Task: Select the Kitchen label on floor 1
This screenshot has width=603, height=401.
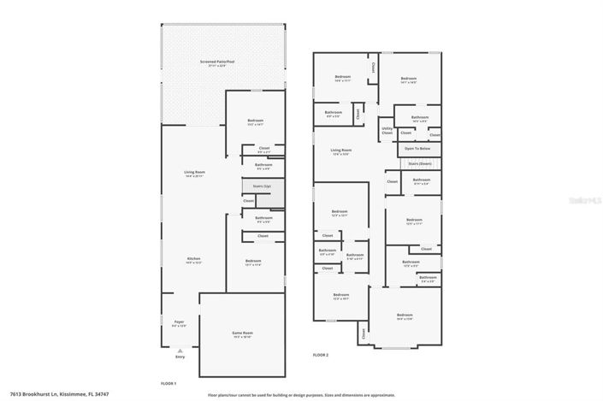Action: click(x=194, y=259)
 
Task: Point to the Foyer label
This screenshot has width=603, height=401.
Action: click(x=179, y=322)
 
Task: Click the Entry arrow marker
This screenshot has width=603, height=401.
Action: click(x=180, y=350)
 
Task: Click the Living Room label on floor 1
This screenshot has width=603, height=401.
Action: click(x=194, y=174)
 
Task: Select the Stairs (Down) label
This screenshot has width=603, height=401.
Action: click(x=419, y=162)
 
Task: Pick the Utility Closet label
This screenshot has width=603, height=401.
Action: click(x=387, y=132)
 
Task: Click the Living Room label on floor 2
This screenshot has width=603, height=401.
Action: click(x=342, y=150)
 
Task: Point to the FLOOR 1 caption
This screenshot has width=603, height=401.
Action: click(x=168, y=382)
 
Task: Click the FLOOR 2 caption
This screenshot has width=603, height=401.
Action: click(x=321, y=354)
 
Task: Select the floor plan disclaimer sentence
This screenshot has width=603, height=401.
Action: click(x=301, y=394)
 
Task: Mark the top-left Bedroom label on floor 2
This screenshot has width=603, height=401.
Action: click(x=342, y=78)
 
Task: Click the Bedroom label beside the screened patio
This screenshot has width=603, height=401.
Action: click(x=255, y=121)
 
